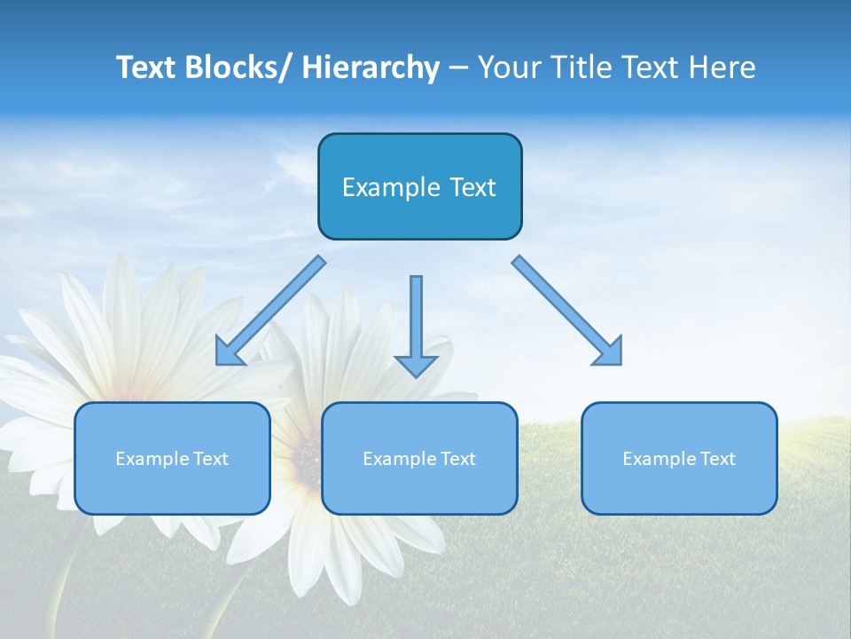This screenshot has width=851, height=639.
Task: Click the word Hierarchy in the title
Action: coord(371,67)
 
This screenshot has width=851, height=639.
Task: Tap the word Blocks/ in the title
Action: coord(238,67)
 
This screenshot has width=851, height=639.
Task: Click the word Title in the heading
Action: coord(579,67)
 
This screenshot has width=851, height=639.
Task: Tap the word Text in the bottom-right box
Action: coord(717,459)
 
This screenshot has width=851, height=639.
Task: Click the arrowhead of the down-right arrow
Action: coord(609,351)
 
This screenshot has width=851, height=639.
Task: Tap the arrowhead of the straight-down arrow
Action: coord(416,365)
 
